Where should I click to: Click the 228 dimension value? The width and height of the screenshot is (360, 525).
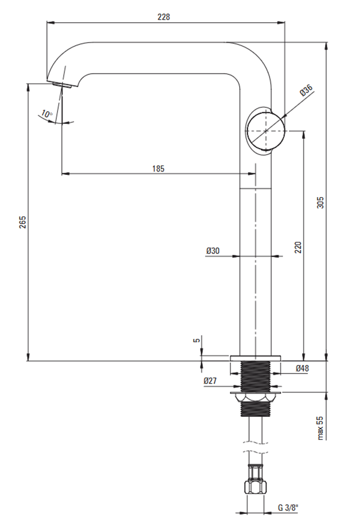[163, 17]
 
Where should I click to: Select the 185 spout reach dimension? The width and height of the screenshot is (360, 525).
[158, 169]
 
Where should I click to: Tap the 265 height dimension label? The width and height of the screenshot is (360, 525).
[23, 222]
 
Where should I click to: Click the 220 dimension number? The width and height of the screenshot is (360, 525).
[298, 247]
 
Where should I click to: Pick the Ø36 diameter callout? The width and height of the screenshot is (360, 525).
[306, 90]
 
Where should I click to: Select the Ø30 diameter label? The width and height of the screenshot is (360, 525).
[213, 251]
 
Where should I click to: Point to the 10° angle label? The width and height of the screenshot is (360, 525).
[47, 114]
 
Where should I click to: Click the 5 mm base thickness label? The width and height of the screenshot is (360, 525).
[197, 339]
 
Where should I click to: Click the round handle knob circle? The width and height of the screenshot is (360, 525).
[266, 131]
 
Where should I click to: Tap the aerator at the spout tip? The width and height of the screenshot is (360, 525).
[62, 85]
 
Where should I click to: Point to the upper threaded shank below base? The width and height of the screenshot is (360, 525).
[255, 376]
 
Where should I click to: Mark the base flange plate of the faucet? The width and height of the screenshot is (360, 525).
[255, 358]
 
